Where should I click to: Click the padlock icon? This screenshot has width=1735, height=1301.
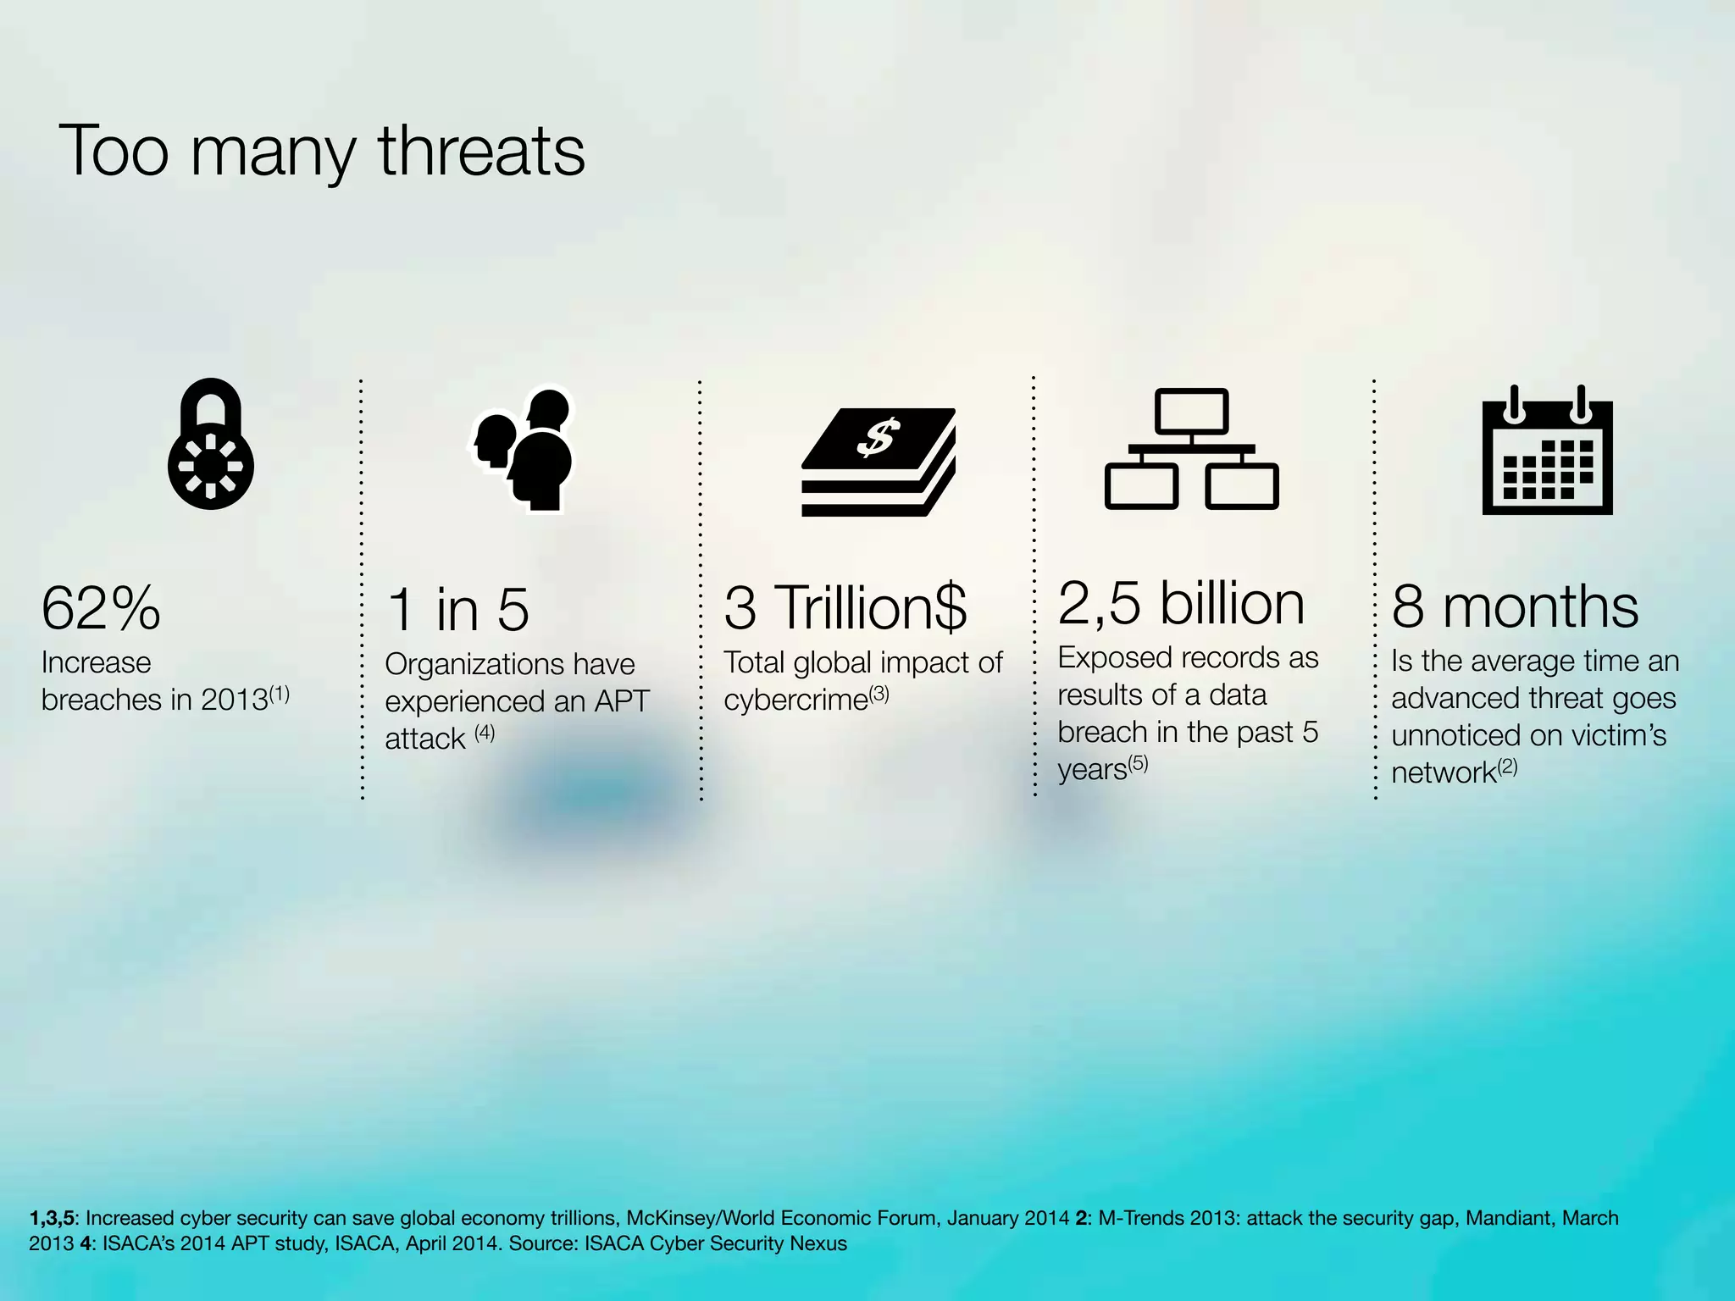(x=211, y=445)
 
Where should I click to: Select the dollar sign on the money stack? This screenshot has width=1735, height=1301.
(x=877, y=437)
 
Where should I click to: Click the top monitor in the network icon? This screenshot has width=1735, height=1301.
(x=1191, y=412)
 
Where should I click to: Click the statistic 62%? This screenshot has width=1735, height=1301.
(x=101, y=608)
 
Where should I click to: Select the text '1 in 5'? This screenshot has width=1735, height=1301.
(x=457, y=610)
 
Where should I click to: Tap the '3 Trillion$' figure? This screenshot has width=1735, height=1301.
(x=845, y=608)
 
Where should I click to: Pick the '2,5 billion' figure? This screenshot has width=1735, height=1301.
(x=1181, y=604)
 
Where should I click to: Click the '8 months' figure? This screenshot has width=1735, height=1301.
(x=1515, y=607)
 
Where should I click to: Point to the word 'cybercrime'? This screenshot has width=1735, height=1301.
(x=795, y=700)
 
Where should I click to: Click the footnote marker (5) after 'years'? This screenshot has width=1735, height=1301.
(x=1138, y=763)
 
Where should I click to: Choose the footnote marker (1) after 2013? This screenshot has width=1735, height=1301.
(x=280, y=695)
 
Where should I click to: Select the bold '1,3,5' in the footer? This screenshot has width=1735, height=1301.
(x=52, y=1218)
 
